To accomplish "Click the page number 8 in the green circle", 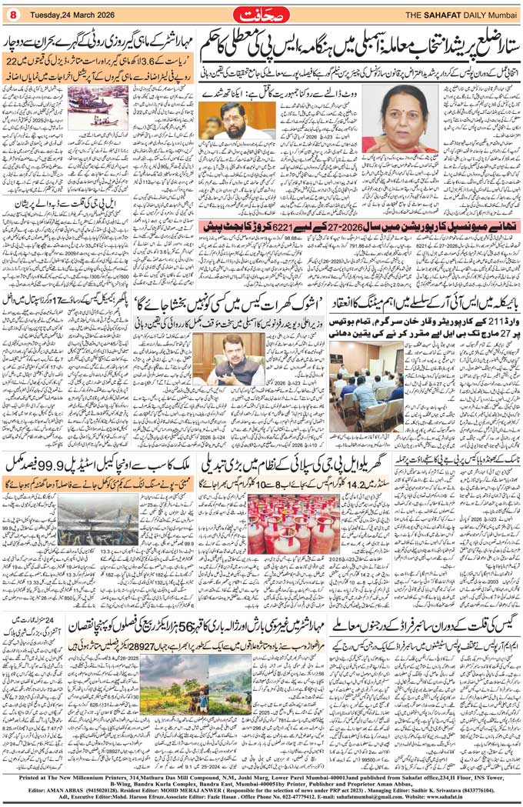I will tap(13, 13).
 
